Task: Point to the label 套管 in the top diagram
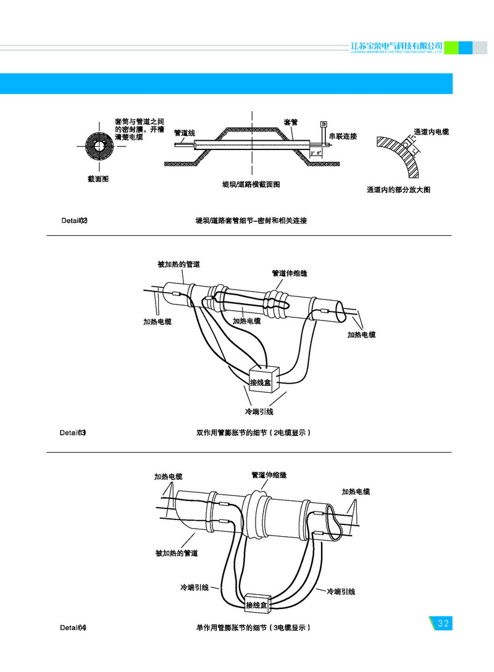(x=291, y=122)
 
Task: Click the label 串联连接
(x=343, y=136)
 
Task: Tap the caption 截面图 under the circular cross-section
(x=98, y=179)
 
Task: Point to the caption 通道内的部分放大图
(x=398, y=190)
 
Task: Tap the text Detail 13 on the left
(x=73, y=432)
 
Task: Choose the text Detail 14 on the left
(x=73, y=628)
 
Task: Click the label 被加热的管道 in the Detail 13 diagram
(x=179, y=264)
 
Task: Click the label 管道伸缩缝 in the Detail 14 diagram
(x=269, y=475)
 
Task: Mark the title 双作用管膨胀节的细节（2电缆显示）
(x=253, y=432)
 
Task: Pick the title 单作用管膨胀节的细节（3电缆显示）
(x=253, y=628)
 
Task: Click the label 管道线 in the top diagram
(x=185, y=132)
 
